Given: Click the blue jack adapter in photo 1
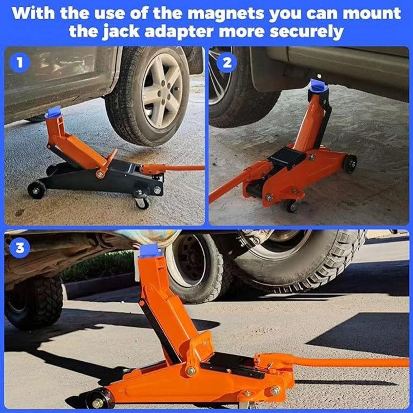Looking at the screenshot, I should coord(53,112).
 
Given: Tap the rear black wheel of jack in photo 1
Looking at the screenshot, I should coord(36,190).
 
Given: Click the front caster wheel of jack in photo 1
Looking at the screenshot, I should coord(142,202).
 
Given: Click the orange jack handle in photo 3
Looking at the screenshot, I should coord(351,363).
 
